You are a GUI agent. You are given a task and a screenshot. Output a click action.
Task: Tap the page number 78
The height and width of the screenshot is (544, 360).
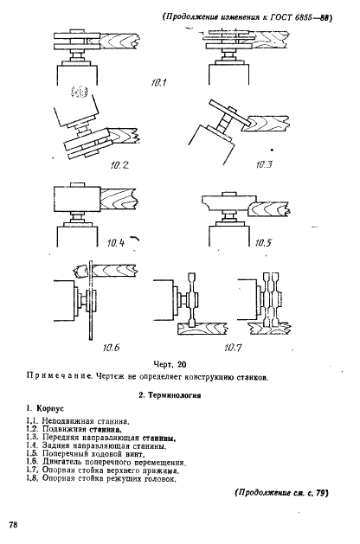14,526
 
